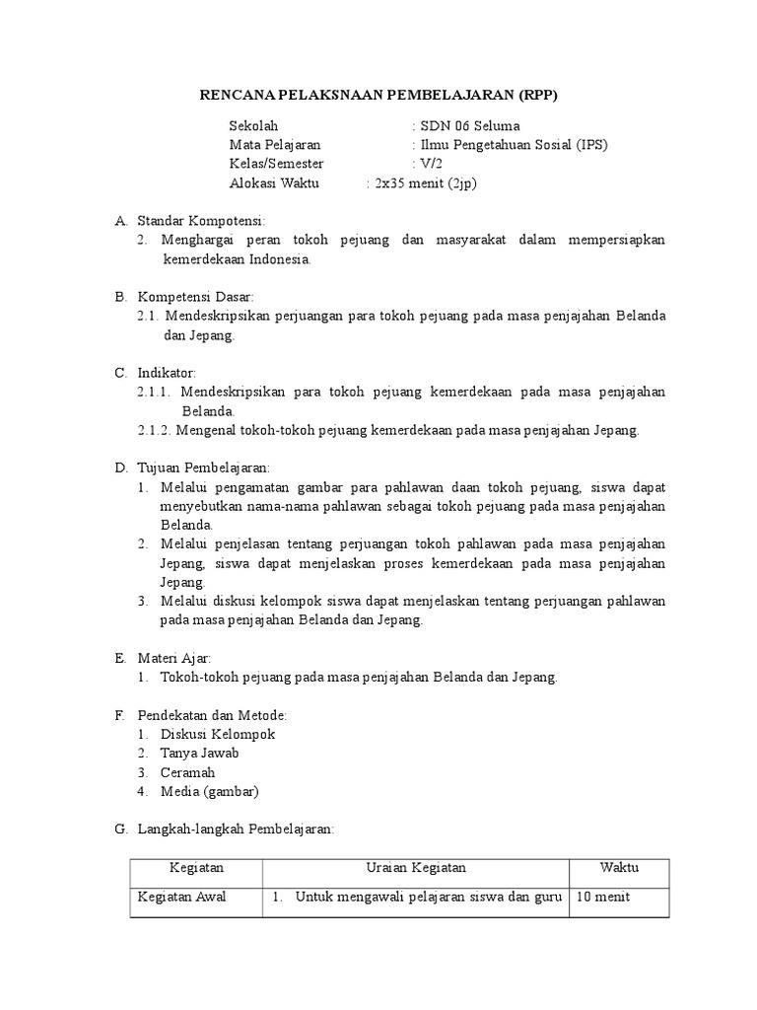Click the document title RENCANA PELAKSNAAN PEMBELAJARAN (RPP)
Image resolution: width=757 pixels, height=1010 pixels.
(385, 95)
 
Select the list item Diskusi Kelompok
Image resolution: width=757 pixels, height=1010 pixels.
(218, 734)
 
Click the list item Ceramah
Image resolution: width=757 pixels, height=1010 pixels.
(187, 772)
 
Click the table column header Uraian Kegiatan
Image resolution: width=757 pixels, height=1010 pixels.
(415, 868)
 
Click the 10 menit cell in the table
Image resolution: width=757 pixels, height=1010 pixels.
(604, 897)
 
